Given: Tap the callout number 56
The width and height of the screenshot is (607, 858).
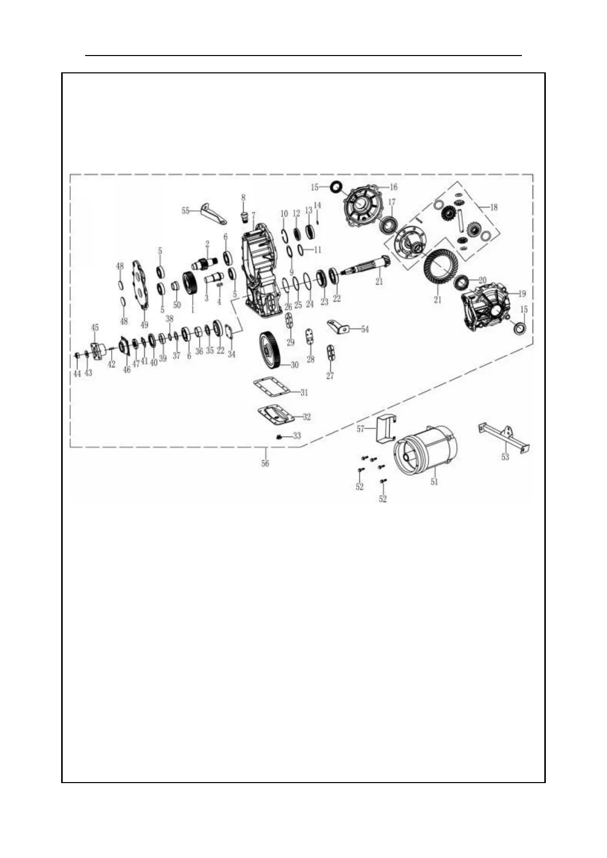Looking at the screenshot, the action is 265,464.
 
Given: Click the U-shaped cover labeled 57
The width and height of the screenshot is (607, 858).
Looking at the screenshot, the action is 385,428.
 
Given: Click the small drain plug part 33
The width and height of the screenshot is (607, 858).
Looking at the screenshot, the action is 279,437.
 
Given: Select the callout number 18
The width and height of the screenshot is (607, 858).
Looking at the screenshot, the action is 493,207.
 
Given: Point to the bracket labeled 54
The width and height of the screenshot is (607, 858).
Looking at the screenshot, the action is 340,327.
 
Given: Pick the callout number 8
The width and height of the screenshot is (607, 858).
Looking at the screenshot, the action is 243,197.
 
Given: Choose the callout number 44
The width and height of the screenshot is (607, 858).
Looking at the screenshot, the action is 77,373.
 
